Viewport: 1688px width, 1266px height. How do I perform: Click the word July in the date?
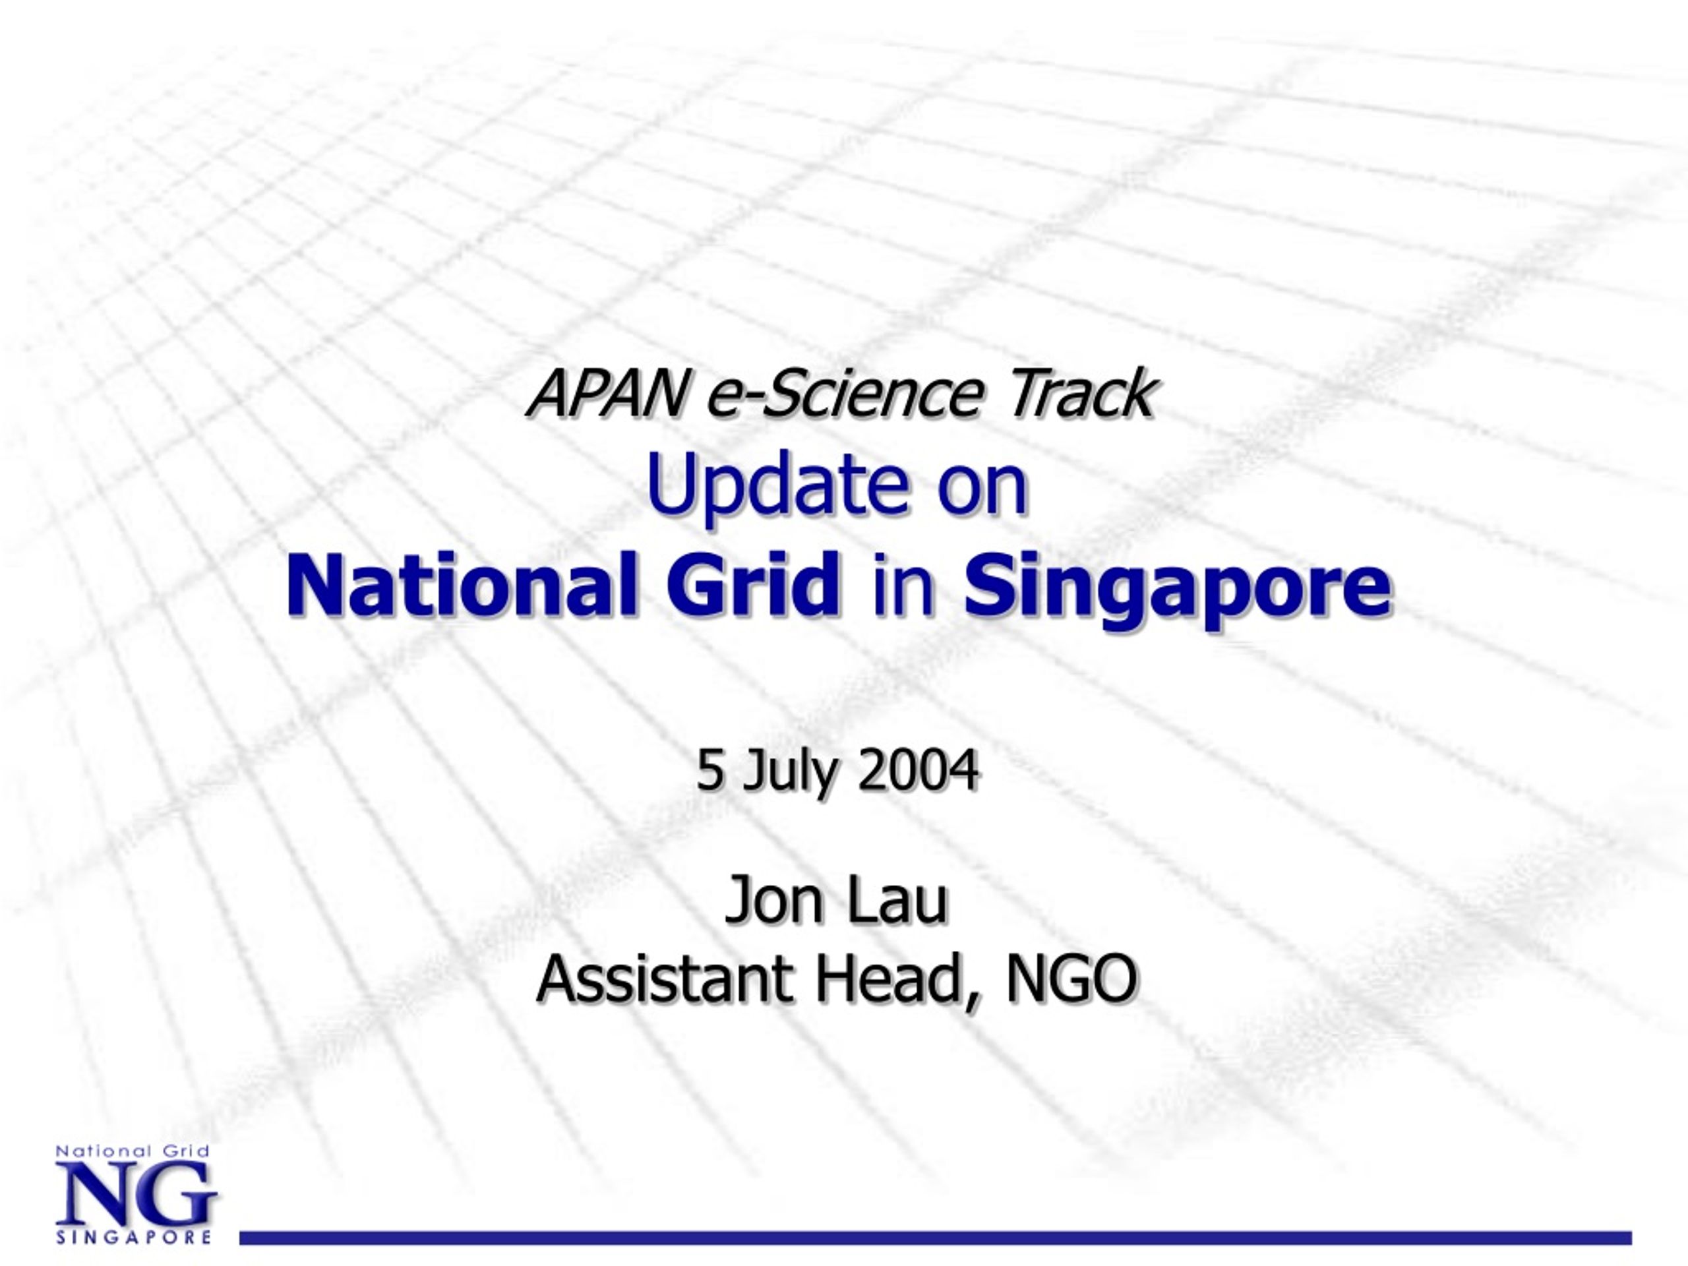789,772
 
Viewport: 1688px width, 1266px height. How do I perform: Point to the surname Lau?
897,901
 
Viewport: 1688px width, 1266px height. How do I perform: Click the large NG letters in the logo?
136,1195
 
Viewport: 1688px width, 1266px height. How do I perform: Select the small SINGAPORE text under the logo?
134,1236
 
